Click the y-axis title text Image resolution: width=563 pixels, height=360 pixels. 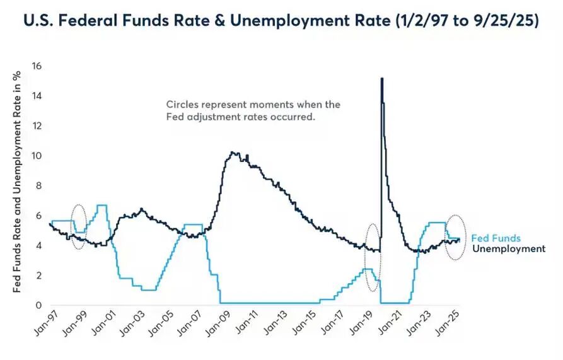pos(19,182)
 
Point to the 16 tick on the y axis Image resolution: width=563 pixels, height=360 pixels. pos(36,66)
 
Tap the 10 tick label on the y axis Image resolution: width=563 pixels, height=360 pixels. pos(36,156)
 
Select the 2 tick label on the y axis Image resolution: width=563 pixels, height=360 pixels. pos(38,276)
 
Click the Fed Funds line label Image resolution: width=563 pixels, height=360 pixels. pos(496,238)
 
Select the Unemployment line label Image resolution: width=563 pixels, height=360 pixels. pos(508,249)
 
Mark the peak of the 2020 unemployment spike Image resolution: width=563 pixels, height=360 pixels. pos(381,79)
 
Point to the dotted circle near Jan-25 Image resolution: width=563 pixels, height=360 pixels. pos(455,238)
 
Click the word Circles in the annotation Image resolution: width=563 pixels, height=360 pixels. pos(181,105)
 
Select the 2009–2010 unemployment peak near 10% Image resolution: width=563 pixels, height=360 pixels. pos(234,153)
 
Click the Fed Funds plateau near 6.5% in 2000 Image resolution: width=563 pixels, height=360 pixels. pos(102,206)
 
